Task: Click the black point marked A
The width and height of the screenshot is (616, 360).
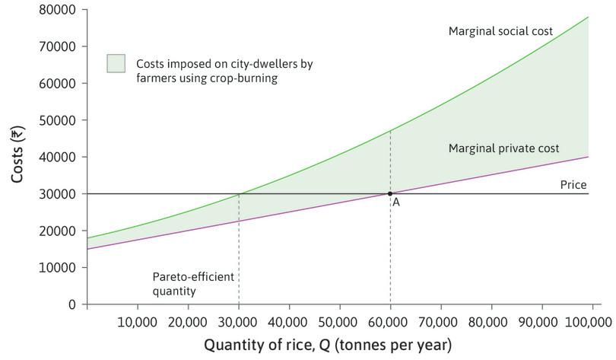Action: click(390, 193)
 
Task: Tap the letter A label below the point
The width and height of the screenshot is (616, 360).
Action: click(396, 202)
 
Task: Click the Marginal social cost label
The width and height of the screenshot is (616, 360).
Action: click(500, 31)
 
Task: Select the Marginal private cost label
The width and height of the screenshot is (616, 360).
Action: click(503, 148)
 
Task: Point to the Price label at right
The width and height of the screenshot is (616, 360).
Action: click(573, 185)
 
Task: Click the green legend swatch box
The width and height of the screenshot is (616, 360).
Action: click(116, 64)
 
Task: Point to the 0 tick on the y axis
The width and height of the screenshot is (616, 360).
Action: click(72, 304)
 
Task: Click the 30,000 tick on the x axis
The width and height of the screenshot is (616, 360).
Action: click(239, 321)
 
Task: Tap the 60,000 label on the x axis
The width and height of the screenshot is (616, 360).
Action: click(390, 321)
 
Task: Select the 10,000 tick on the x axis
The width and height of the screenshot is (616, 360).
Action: click(138, 321)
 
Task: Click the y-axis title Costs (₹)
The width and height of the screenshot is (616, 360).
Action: click(18, 156)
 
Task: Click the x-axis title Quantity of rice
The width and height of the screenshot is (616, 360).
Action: click(327, 345)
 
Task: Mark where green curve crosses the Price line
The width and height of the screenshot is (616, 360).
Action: click(239, 193)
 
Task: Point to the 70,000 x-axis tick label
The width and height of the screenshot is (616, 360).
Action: click(440, 321)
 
